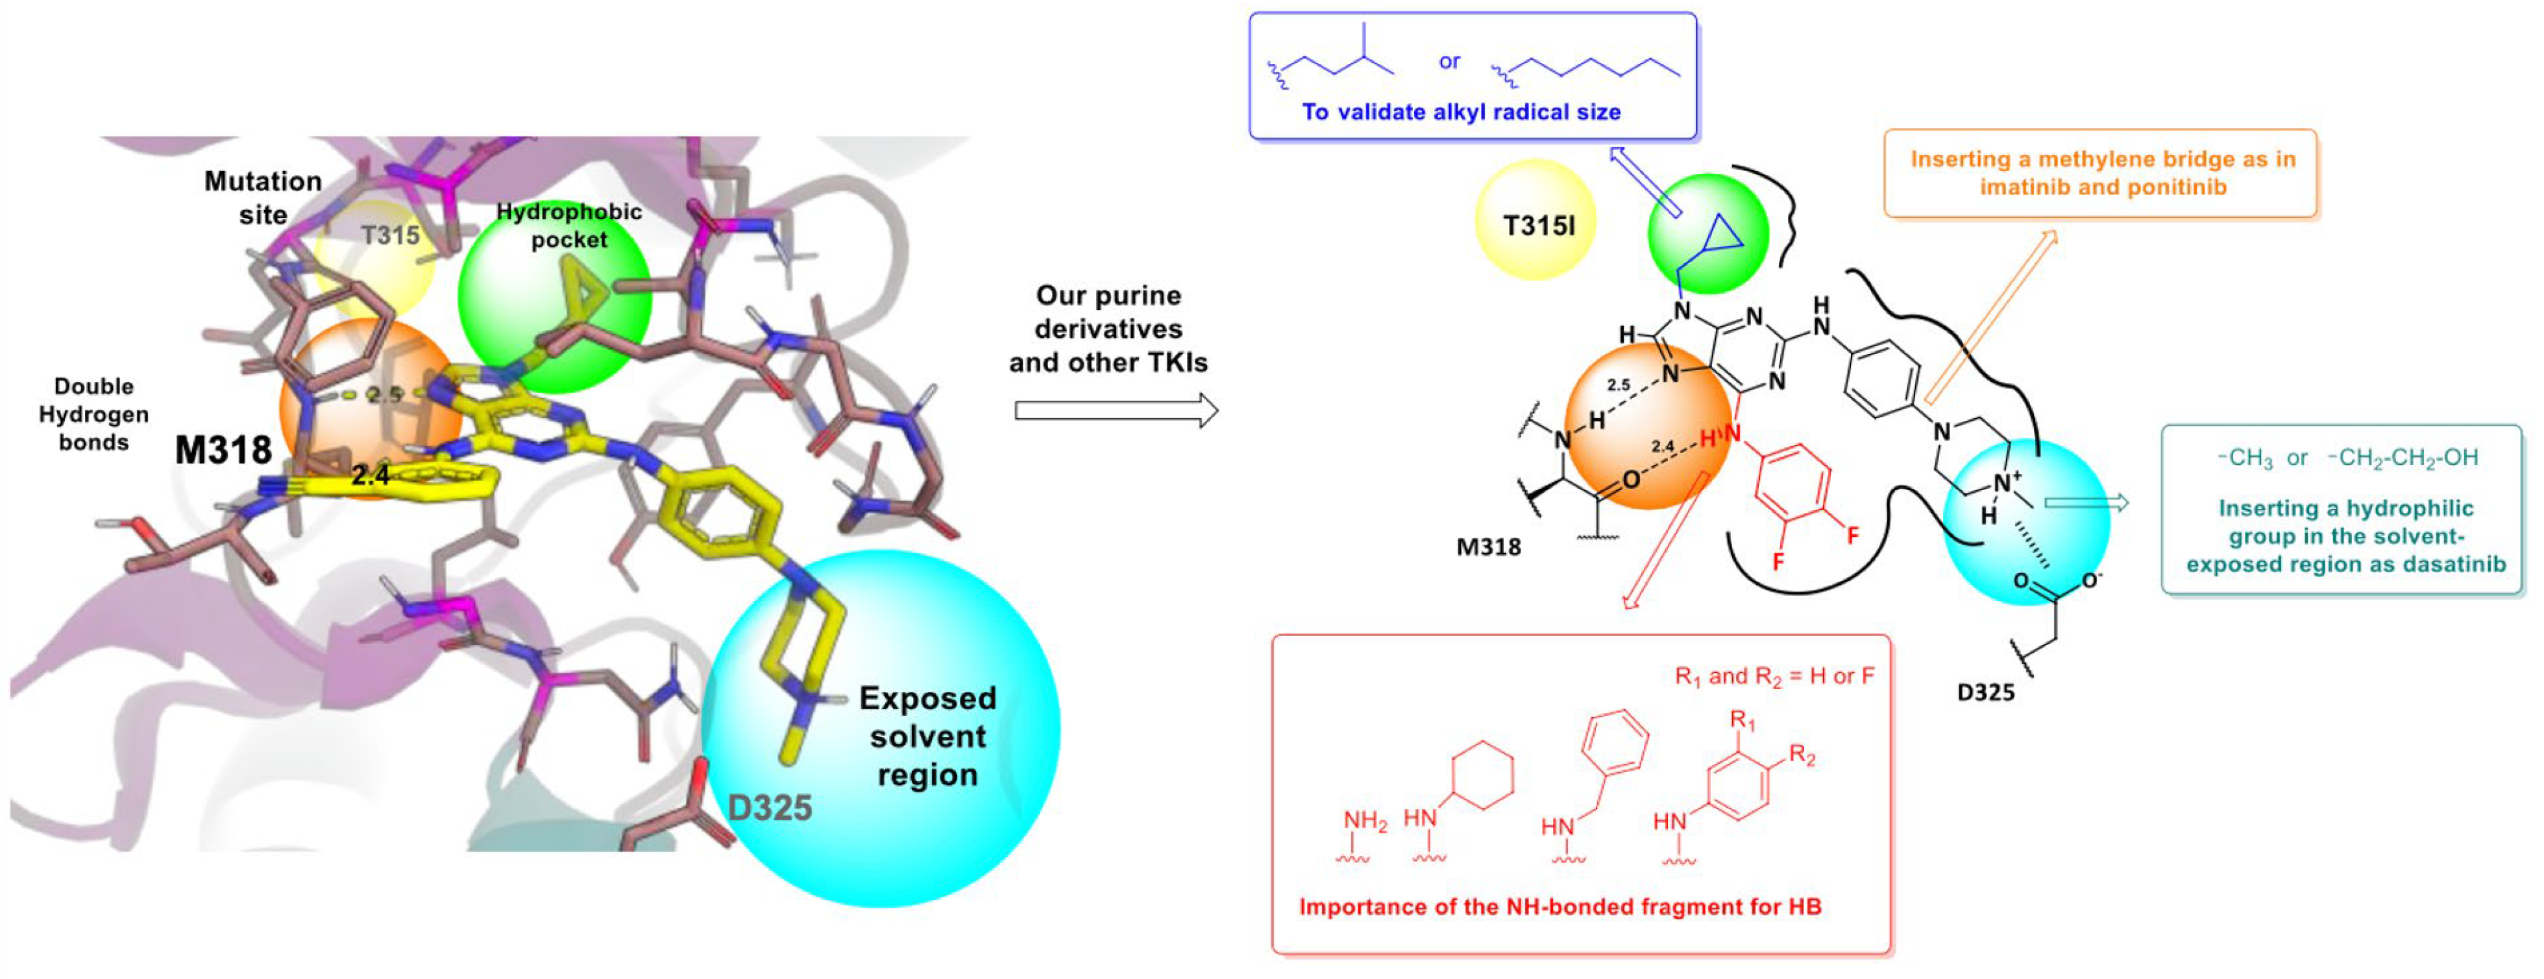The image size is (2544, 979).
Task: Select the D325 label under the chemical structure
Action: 1985,692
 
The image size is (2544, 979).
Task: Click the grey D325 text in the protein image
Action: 769,807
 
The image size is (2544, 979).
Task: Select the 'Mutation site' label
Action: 263,197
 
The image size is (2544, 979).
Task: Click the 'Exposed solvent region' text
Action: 927,737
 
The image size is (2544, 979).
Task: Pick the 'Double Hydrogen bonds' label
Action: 94,414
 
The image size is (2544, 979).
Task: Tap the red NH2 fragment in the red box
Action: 1364,821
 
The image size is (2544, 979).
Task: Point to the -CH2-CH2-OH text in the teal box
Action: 2402,457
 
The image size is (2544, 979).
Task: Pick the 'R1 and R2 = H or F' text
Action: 1774,676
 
